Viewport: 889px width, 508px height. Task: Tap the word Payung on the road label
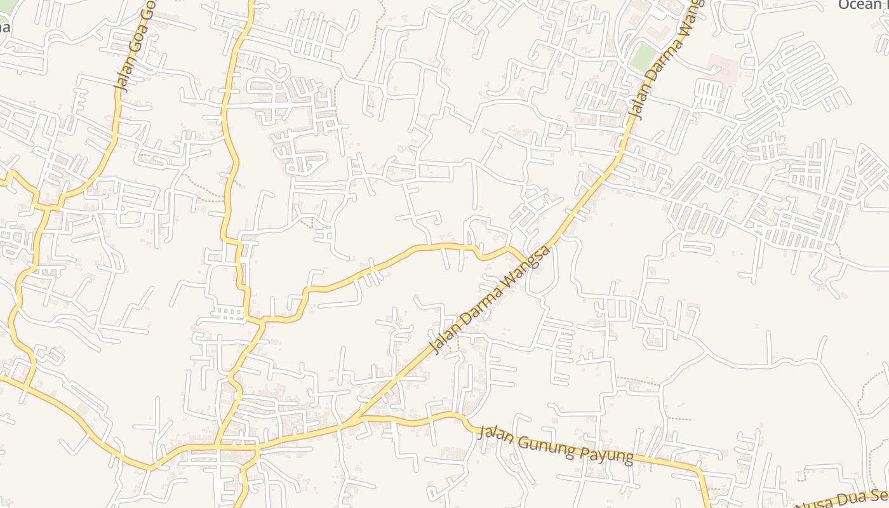tap(608, 455)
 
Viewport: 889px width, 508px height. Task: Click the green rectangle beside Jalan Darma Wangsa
tap(643, 58)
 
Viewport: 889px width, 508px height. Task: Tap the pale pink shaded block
tap(723, 69)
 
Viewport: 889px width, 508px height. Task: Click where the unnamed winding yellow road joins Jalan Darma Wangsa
tap(526, 261)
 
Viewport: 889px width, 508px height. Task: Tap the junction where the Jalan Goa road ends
tap(54, 206)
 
